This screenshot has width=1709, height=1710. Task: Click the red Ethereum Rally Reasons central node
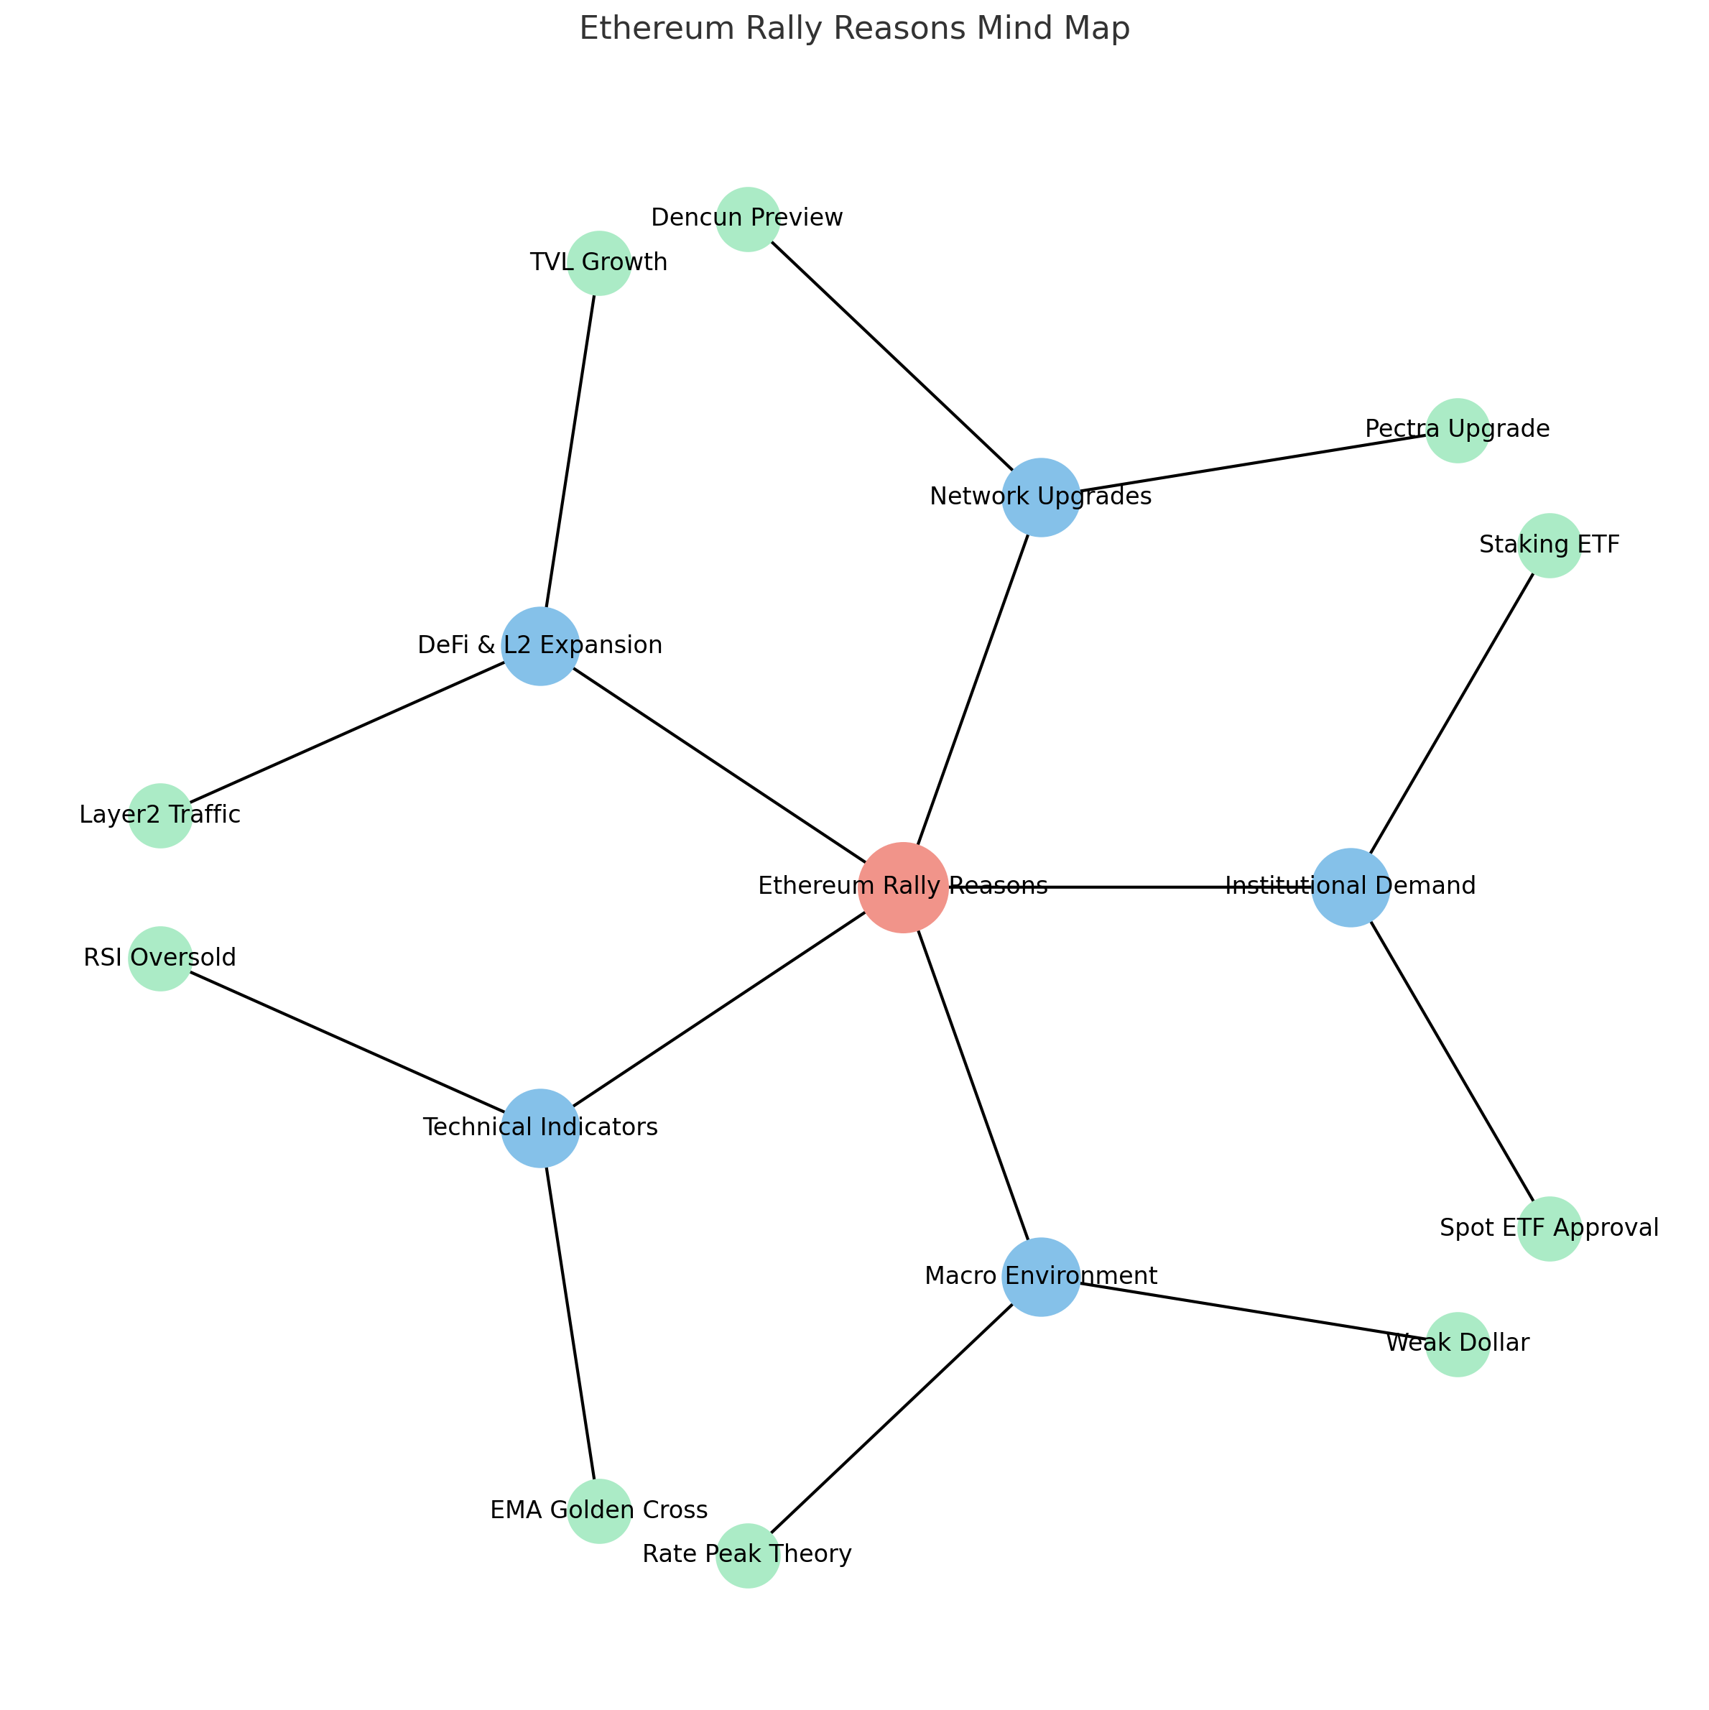(903, 887)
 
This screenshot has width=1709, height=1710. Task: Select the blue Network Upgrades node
(1041, 497)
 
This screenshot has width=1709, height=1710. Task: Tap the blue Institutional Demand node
(1350, 887)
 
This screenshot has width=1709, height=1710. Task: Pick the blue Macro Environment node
(1041, 1276)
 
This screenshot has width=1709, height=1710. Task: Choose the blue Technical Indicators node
(540, 1127)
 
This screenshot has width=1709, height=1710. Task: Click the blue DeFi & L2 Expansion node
(540, 646)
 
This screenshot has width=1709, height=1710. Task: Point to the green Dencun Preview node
(747, 218)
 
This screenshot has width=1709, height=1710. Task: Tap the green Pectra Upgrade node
(1457, 430)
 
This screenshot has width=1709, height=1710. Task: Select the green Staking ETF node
(1549, 545)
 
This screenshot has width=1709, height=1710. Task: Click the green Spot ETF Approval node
(1549, 1229)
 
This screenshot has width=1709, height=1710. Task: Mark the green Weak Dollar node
(1457, 1344)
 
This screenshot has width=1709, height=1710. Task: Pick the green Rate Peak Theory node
(747, 1555)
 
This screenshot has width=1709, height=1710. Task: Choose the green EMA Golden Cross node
(599, 1511)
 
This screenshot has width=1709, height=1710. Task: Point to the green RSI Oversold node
(160, 958)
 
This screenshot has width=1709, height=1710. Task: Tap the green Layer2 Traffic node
(160, 815)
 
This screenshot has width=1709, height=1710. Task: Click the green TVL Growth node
(599, 263)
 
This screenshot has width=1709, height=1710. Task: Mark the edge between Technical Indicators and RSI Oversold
(350, 1043)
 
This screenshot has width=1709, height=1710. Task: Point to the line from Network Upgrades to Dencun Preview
(894, 359)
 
